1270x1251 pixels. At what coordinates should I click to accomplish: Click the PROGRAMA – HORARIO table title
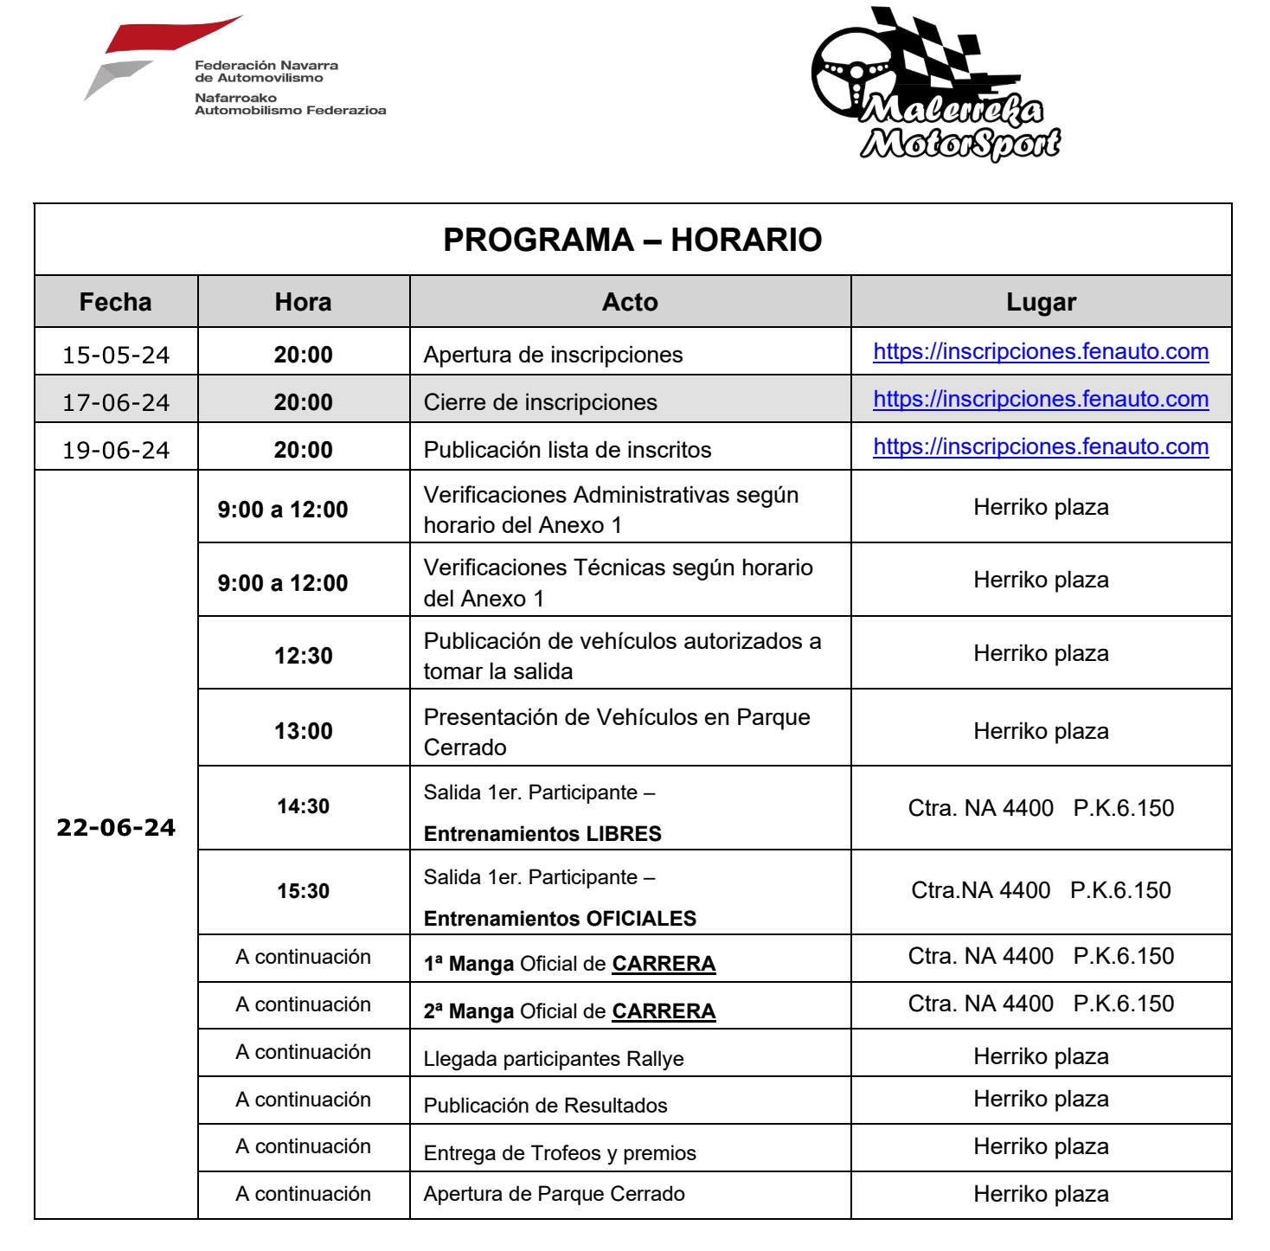pyautogui.click(x=632, y=240)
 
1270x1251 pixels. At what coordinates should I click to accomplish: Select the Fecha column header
pyautogui.click(x=115, y=302)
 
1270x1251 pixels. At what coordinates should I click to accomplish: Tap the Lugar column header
pyautogui.click(x=1041, y=302)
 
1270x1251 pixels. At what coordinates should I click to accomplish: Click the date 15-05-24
pyautogui.click(x=116, y=355)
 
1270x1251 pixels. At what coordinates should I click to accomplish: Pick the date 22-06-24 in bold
pyautogui.click(x=116, y=828)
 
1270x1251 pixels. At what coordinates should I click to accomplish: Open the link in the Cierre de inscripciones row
pyautogui.click(x=1041, y=399)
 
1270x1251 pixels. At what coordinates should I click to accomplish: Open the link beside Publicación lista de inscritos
pyautogui.click(x=1041, y=446)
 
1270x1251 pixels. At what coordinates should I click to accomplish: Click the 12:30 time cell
pyautogui.click(x=304, y=656)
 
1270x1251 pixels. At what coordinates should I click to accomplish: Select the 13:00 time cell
pyautogui.click(x=304, y=731)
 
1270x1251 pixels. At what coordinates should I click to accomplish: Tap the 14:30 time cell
pyautogui.click(x=304, y=806)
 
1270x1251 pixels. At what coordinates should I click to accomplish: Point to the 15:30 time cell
pyautogui.click(x=304, y=891)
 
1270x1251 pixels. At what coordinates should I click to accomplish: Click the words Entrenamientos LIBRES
pyautogui.click(x=542, y=834)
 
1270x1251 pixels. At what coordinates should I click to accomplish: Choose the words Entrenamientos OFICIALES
pyautogui.click(x=560, y=919)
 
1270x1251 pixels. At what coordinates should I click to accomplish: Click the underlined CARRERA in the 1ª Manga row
pyautogui.click(x=664, y=964)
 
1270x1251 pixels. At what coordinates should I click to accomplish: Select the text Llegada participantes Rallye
pyautogui.click(x=554, y=1059)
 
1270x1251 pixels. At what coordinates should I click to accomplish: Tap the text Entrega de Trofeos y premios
pyautogui.click(x=560, y=1153)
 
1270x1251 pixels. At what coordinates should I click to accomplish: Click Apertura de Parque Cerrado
pyautogui.click(x=554, y=1194)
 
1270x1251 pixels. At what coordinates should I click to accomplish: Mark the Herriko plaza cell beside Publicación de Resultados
pyautogui.click(x=1041, y=1099)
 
